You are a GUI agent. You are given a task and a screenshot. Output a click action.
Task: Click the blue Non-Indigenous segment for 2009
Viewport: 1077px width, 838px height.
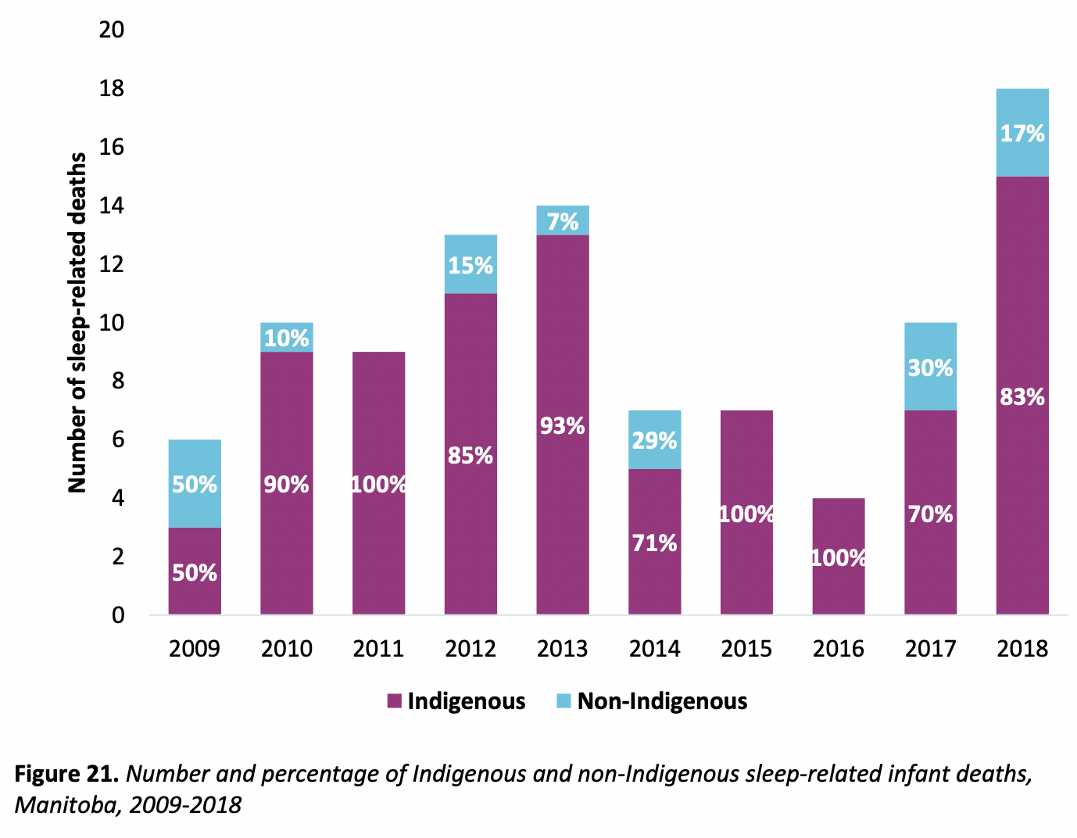(x=195, y=483)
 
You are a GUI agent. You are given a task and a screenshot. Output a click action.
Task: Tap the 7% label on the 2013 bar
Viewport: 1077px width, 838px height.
(x=563, y=221)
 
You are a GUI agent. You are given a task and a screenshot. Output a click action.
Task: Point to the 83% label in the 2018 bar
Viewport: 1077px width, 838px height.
(x=1022, y=397)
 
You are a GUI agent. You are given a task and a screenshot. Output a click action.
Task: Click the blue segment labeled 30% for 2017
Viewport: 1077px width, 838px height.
(x=930, y=367)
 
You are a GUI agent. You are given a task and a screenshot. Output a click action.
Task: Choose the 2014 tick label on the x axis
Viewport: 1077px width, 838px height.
(x=654, y=649)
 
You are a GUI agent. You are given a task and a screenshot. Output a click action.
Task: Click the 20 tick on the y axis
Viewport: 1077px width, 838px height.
(x=112, y=30)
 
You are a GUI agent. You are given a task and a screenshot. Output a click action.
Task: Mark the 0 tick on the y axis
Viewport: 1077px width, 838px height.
(x=118, y=615)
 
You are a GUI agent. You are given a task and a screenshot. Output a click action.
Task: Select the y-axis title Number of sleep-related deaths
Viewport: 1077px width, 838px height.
(x=77, y=323)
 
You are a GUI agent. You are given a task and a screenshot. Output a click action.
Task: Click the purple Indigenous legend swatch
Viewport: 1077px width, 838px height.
(x=394, y=701)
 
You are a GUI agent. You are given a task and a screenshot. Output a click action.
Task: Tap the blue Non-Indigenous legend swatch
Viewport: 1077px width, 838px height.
(x=564, y=701)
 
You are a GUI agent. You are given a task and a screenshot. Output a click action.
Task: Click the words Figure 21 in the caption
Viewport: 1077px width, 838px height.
(x=66, y=774)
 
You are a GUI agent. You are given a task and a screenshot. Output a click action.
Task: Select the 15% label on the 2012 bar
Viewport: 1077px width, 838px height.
(x=471, y=266)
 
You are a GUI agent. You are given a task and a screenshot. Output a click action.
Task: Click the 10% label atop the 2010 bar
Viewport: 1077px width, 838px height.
(x=287, y=338)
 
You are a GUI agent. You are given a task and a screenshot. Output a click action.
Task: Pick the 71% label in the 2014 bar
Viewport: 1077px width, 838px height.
(x=654, y=543)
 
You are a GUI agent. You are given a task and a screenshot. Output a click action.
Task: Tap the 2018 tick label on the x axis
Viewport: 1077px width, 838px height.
(x=1022, y=649)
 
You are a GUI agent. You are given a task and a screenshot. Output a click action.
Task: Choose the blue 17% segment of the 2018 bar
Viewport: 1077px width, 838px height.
(x=1022, y=133)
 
